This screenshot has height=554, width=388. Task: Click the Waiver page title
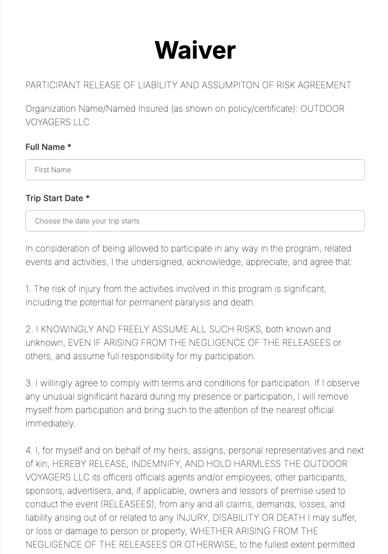click(x=195, y=50)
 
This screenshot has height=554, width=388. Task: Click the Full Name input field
click(x=195, y=170)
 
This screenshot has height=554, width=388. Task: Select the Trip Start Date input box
click(x=195, y=221)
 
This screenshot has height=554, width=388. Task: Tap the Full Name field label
click(x=45, y=147)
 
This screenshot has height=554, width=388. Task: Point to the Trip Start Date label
click(x=54, y=198)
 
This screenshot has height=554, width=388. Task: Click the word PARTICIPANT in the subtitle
click(x=53, y=85)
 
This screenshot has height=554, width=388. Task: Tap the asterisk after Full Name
click(x=69, y=147)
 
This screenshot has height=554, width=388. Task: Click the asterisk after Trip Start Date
click(x=87, y=198)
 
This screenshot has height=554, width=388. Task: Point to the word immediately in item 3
click(x=50, y=424)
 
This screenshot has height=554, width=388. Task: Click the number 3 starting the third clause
click(x=28, y=383)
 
